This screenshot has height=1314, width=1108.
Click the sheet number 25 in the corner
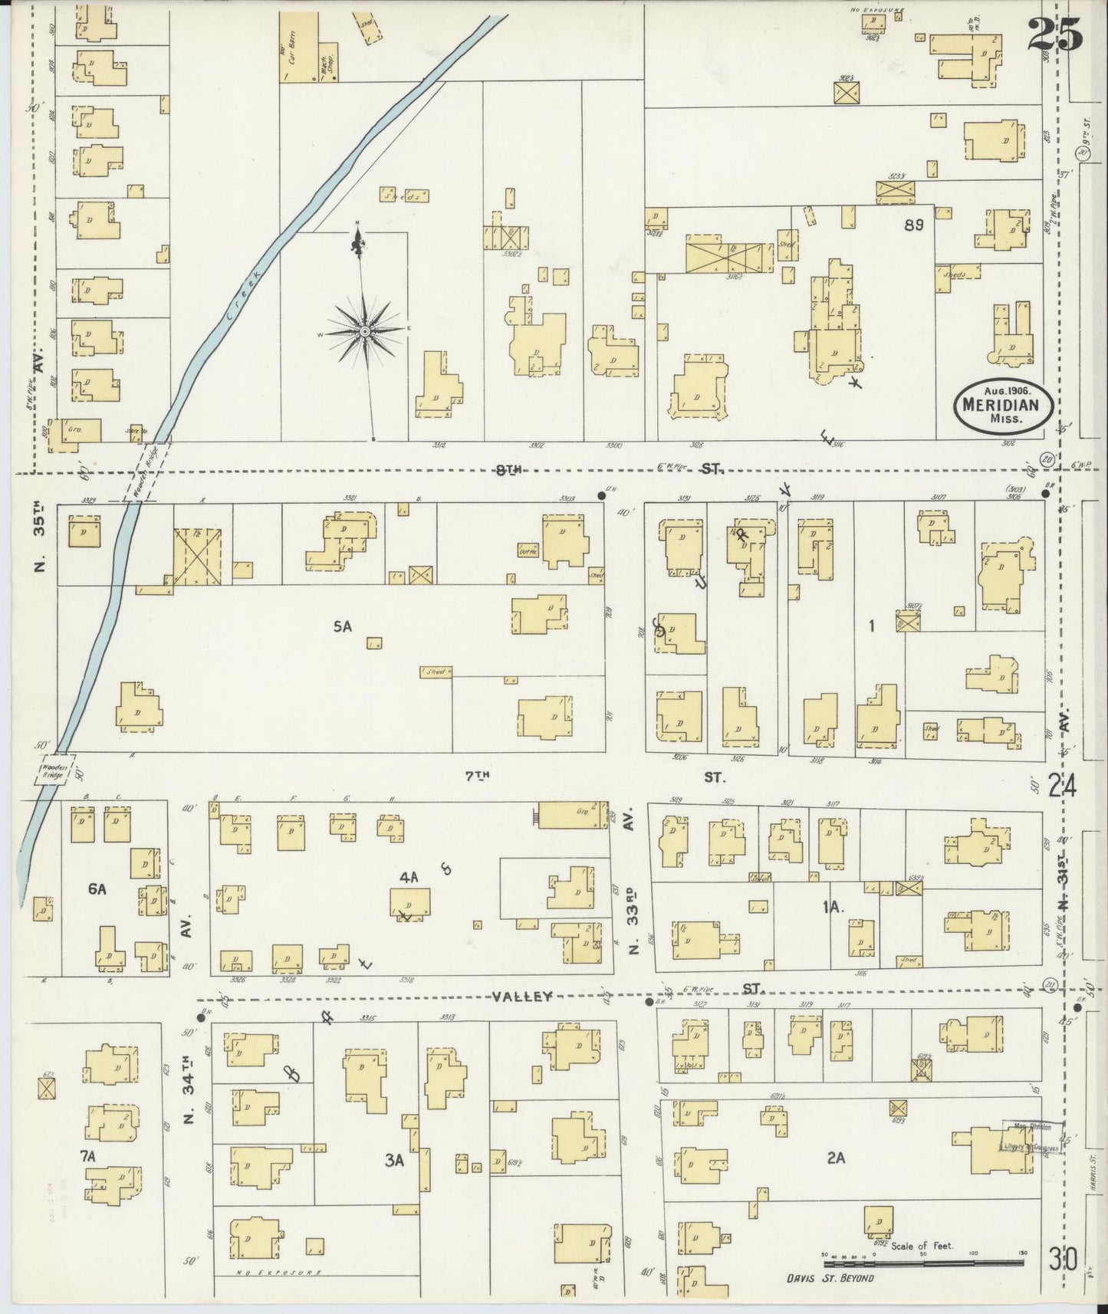(1055, 34)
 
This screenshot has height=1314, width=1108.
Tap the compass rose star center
(365, 330)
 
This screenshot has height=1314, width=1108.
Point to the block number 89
(913, 225)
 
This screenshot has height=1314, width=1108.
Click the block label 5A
(342, 626)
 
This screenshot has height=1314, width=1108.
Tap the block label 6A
(97, 889)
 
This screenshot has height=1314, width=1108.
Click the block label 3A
(394, 1161)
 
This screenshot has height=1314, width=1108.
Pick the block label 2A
(835, 1158)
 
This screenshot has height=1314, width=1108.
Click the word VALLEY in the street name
(522, 997)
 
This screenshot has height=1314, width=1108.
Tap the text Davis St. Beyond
(830, 1277)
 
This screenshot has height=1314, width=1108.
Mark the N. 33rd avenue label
(634, 912)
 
